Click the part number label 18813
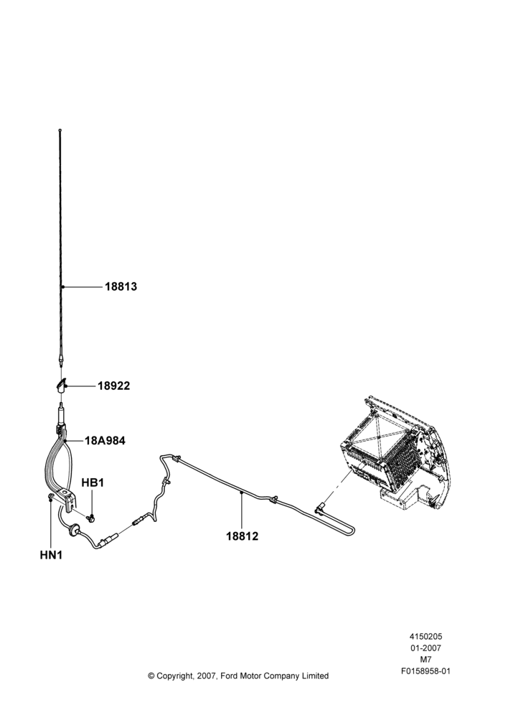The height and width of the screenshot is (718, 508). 121,286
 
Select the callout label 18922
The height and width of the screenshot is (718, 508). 113,386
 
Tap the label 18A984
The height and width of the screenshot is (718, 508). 105,441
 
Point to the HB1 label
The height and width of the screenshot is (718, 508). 93,482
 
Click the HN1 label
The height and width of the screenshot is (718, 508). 51,555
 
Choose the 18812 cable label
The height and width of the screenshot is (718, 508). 242,536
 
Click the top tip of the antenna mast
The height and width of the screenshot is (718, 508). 60,131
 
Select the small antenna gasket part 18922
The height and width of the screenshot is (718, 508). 60,385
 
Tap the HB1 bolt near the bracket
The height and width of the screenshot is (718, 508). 90,517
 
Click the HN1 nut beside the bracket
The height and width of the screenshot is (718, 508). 51,497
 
